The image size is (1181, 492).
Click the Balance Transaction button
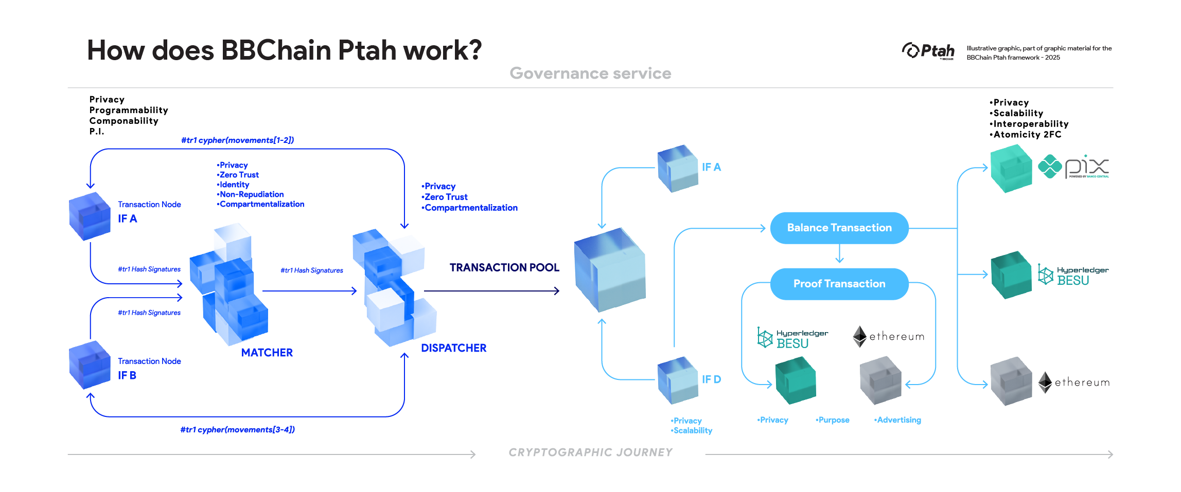[839, 228]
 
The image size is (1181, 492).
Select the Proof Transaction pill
[839, 284]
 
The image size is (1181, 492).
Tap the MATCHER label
[267, 353]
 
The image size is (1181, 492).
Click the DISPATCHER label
[453, 348]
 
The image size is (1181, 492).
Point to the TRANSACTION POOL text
[504, 267]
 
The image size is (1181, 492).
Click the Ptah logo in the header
[928, 51]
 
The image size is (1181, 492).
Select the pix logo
[1074, 167]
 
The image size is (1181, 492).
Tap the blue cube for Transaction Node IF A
[90, 216]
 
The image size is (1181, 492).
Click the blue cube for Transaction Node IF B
[90, 365]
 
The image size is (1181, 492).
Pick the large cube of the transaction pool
[610, 270]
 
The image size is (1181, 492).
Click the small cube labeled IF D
[678, 380]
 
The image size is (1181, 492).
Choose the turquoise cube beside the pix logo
[1011, 169]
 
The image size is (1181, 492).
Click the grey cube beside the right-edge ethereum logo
[1011, 381]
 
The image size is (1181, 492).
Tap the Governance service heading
[590, 74]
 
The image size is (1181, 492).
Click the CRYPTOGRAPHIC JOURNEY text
[590, 452]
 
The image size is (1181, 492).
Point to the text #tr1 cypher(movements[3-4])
[237, 430]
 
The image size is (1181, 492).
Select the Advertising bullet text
[898, 420]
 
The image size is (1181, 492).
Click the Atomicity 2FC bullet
[1026, 135]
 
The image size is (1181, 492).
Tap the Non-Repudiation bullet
[251, 194]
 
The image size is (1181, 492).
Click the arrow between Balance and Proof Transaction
[839, 254]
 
